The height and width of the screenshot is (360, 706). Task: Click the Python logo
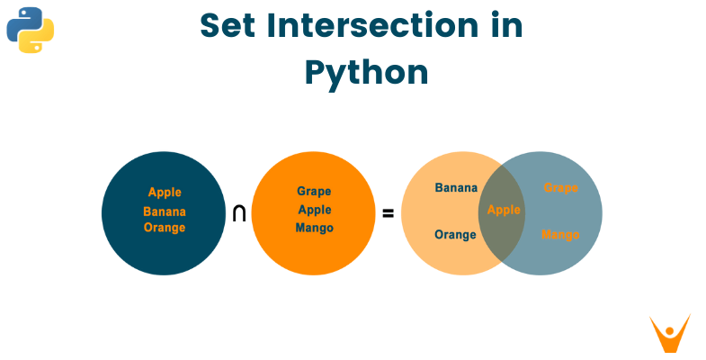[x=31, y=30]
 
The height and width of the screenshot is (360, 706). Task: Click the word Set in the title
[x=229, y=27]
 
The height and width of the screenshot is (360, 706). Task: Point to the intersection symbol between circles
[x=239, y=213]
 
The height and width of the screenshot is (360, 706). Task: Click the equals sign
[x=389, y=214]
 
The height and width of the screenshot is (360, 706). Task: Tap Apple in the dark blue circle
[x=165, y=192]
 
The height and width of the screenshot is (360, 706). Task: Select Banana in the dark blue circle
[x=165, y=211]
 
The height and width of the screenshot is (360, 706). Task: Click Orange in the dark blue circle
[x=165, y=228]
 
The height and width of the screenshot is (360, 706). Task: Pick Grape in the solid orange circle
[x=314, y=191]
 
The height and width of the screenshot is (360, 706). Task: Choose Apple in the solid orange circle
[x=314, y=209]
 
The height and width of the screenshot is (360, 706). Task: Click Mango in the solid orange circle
[x=314, y=228]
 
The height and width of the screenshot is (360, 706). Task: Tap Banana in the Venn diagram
[x=456, y=188]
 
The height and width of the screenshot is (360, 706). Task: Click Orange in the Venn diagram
[x=455, y=235]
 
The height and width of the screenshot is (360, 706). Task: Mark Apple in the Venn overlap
[x=504, y=210]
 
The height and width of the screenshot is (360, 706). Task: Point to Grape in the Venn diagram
[x=560, y=188]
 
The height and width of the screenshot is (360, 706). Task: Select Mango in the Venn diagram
[x=560, y=235]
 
